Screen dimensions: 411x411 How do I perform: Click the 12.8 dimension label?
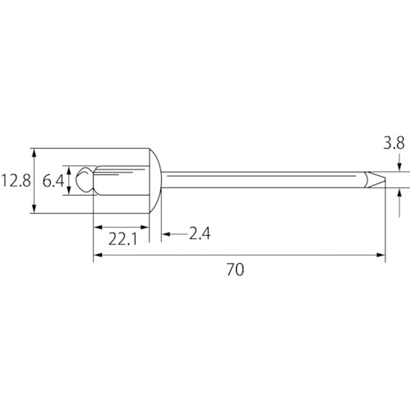(x=16, y=181)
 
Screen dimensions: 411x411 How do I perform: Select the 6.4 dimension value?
(x=53, y=181)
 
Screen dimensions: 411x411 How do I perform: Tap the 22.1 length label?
(x=122, y=238)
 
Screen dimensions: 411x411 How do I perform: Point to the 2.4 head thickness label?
(x=200, y=233)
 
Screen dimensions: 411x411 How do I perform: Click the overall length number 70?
(x=235, y=270)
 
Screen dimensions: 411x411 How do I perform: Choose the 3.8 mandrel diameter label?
(x=394, y=143)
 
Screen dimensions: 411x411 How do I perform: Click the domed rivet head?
(x=155, y=181)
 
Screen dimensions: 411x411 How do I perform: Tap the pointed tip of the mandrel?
(x=385, y=180)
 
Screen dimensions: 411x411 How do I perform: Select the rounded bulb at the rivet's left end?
(x=85, y=180)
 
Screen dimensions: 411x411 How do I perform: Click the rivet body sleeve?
(x=122, y=180)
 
